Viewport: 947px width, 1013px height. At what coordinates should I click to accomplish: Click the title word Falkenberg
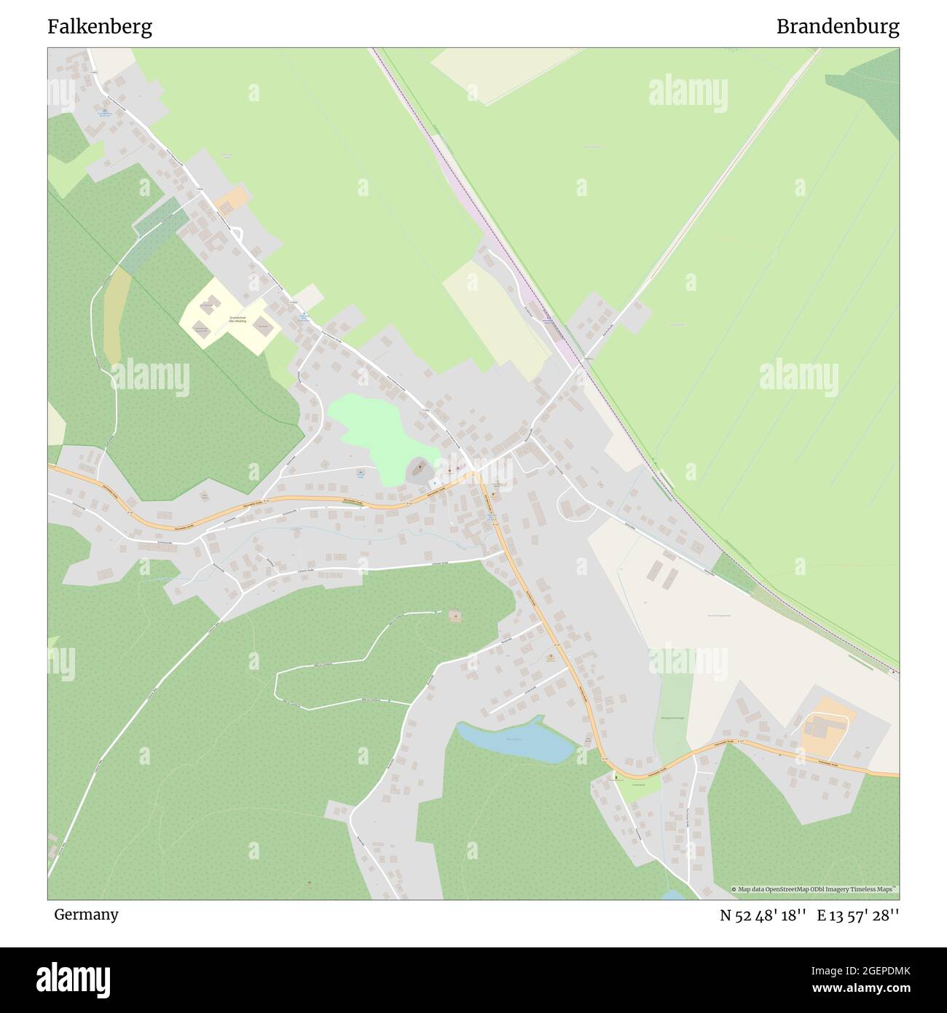100,27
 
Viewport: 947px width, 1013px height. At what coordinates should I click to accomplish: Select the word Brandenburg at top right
837,27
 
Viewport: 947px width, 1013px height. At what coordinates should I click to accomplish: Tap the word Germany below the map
86,914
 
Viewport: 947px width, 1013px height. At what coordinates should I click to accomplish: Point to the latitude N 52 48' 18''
763,915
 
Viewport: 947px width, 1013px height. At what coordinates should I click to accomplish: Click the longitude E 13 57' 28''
858,915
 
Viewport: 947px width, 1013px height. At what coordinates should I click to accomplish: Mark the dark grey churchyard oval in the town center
417,470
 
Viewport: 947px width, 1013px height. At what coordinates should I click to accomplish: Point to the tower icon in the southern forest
455,616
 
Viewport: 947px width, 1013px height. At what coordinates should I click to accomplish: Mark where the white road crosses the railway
583,361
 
